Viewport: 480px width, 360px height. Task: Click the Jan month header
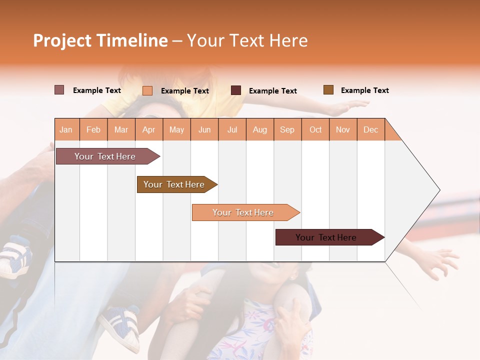click(x=66, y=129)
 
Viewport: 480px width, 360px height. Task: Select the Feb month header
click(x=93, y=129)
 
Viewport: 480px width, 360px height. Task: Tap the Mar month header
click(x=121, y=129)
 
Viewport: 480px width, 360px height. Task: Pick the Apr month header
click(x=149, y=129)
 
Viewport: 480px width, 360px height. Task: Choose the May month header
click(x=176, y=129)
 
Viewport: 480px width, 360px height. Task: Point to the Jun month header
click(x=204, y=129)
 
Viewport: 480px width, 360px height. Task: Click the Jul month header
click(x=232, y=129)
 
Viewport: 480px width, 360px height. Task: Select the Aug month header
click(x=260, y=129)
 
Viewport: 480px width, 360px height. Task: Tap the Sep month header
click(x=287, y=129)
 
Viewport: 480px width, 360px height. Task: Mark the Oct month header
click(x=315, y=129)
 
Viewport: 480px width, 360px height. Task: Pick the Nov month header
click(x=343, y=129)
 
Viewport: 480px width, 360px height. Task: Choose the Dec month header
click(x=371, y=129)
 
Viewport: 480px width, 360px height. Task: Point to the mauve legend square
click(x=59, y=90)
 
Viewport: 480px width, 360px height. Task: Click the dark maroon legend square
click(x=236, y=90)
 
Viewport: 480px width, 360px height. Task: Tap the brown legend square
click(x=328, y=90)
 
